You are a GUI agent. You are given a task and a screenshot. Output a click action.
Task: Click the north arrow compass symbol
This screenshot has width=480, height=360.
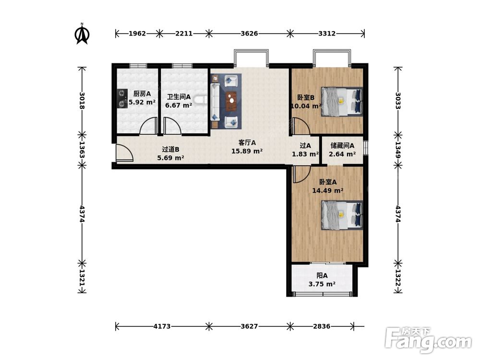pyautogui.click(x=82, y=34)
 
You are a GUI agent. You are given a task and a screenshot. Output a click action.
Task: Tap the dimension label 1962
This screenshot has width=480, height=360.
pyautogui.click(x=137, y=34)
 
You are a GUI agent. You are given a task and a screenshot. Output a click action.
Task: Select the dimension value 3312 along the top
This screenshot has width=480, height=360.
pyautogui.click(x=327, y=34)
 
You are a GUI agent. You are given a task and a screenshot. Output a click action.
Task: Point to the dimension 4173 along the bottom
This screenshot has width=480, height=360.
pyautogui.click(x=162, y=326)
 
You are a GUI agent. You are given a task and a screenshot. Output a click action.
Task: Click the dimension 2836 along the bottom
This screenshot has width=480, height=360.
pyautogui.click(x=322, y=326)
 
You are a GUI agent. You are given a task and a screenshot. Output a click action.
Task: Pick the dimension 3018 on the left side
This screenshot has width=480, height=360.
pyautogui.click(x=82, y=100)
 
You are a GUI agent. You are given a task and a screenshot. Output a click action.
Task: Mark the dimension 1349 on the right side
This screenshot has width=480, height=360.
pyautogui.click(x=398, y=150)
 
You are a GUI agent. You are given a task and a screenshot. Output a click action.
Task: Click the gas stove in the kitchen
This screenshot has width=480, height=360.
pyautogui.click(x=122, y=98)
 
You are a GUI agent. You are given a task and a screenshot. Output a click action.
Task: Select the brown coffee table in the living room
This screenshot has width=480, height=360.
pyautogui.click(x=231, y=101)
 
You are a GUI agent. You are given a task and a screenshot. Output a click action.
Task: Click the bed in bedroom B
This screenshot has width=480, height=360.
pyautogui.click(x=342, y=102)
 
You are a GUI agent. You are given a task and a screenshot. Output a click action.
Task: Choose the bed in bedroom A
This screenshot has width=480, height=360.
pyautogui.click(x=342, y=215)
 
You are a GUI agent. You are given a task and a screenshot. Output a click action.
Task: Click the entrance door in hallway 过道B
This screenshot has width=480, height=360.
pyautogui.click(x=124, y=153)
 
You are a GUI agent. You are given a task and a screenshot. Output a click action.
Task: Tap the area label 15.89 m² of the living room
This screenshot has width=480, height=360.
pyautogui.click(x=247, y=151)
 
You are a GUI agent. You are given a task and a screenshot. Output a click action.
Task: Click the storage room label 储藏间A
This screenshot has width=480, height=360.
pyautogui.click(x=342, y=146)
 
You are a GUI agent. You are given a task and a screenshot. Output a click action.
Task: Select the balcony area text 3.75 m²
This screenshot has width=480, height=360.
pyautogui.click(x=322, y=284)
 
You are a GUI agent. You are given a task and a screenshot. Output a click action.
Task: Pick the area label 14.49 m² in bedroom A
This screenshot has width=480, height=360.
pyautogui.click(x=327, y=191)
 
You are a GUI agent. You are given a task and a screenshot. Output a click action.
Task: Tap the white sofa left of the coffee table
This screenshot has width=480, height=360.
pyautogui.click(x=215, y=102)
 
